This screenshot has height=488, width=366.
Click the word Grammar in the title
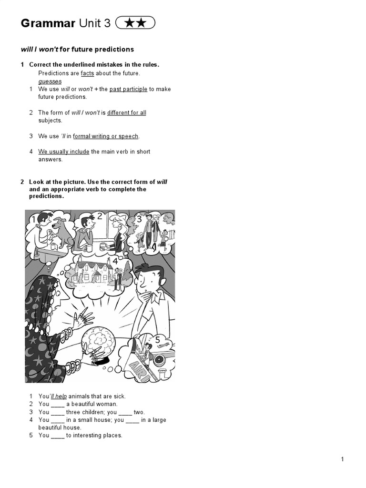tap(48, 23)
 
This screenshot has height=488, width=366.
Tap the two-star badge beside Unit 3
tap(135, 23)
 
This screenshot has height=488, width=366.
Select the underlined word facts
tap(87, 73)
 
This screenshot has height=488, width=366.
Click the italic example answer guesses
tap(50, 81)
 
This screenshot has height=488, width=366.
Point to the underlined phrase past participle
tap(128, 89)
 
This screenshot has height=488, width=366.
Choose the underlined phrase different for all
tap(127, 113)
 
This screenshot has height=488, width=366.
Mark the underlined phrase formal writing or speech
tap(105, 136)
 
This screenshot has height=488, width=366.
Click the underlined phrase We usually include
tap(64, 152)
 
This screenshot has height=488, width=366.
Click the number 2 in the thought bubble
tap(100, 216)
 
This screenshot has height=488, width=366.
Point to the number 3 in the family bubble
tap(139, 219)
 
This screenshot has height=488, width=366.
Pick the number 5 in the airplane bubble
tap(158, 339)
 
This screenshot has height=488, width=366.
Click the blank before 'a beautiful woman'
tap(57, 404)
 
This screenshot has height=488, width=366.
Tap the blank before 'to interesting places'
tap(57, 435)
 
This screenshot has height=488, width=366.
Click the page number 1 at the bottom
tap(342, 459)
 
